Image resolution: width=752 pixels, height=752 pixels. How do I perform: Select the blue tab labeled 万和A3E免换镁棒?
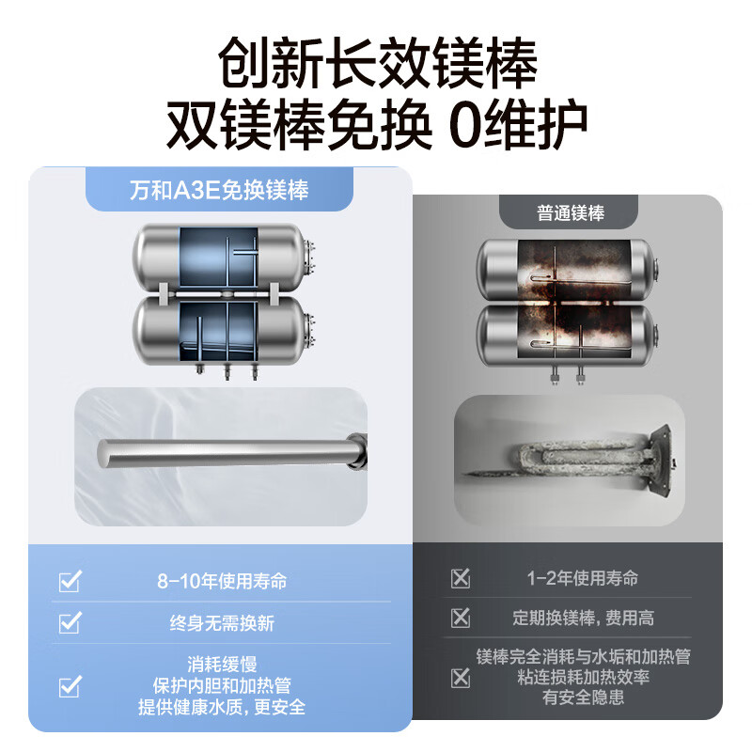click(x=218, y=191)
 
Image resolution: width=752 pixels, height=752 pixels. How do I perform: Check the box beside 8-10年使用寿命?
click(x=70, y=582)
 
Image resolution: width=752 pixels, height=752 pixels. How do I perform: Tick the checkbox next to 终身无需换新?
click(x=70, y=623)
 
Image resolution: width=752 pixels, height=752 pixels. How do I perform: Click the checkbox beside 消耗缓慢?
click(x=70, y=687)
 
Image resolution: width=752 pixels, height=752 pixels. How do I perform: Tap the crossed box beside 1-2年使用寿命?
click(x=460, y=577)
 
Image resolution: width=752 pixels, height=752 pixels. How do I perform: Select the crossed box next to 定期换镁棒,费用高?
click(x=460, y=618)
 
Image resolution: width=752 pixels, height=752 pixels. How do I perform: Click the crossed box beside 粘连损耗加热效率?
click(x=460, y=677)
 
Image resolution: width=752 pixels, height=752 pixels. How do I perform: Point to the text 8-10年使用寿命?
click(x=222, y=582)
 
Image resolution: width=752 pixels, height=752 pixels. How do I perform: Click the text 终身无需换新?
click(x=222, y=623)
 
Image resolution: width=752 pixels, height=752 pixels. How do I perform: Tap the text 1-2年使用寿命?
click(x=583, y=577)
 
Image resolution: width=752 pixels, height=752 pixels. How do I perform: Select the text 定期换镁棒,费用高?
click(x=583, y=618)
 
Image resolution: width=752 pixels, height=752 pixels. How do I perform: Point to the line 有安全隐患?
click(x=583, y=697)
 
